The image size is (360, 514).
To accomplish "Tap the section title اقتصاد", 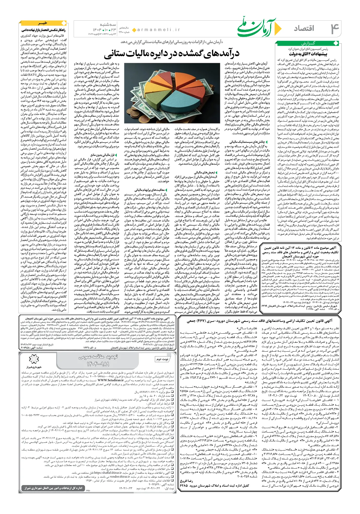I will [x=304, y=28].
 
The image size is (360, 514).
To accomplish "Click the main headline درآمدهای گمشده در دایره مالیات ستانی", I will [x=172, y=54].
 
